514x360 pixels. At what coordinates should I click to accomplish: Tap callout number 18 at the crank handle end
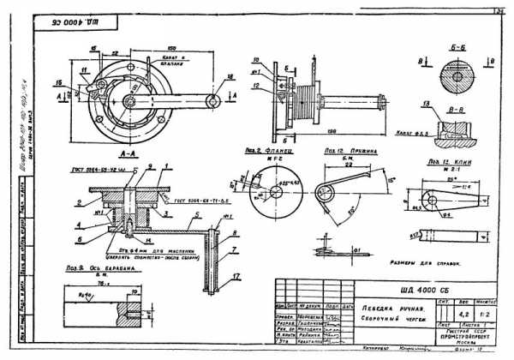tap(230, 77)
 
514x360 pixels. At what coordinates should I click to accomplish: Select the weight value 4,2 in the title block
tap(467, 314)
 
